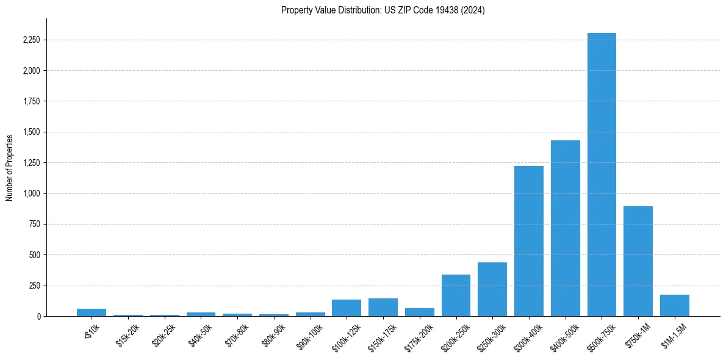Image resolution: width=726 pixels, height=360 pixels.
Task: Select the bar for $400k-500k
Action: tap(565, 228)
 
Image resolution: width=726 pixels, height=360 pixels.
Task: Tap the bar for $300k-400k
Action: tap(528, 241)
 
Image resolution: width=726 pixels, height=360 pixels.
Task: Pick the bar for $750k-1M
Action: tap(638, 261)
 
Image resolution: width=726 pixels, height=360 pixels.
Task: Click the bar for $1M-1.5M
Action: tap(675, 306)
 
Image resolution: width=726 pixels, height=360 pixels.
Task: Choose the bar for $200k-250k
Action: tap(456, 295)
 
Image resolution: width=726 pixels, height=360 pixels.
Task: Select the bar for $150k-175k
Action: tap(383, 308)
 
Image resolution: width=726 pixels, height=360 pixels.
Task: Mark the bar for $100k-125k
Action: tap(347, 308)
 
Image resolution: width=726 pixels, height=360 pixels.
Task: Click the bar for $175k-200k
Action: tap(419, 312)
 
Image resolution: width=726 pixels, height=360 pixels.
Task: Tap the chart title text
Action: tap(383, 10)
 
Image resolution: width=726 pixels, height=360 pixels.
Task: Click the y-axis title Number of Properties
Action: tap(10, 167)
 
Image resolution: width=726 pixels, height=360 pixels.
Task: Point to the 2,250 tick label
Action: tap(31, 40)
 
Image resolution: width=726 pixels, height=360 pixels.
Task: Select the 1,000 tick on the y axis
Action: tap(31, 193)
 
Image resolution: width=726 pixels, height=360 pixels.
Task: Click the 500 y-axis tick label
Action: tap(34, 255)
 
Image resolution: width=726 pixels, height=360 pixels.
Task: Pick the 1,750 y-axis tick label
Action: tap(31, 101)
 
